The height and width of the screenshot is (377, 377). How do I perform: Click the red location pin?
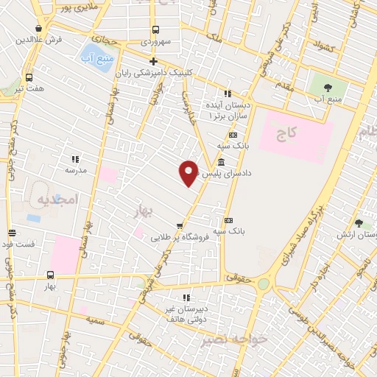[188, 172]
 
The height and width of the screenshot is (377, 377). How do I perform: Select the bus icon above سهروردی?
[155, 30]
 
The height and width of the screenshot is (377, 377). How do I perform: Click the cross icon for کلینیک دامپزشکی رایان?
[153, 61]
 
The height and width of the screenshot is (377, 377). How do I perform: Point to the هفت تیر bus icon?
[29, 77]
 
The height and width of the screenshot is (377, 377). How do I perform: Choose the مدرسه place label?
[76, 170]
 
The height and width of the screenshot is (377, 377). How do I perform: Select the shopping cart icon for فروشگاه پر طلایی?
[179, 225]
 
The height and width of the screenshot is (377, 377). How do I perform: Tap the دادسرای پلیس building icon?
[221, 162]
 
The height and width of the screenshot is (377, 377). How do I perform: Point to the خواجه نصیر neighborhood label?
[234, 339]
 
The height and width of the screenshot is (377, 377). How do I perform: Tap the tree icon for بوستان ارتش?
[359, 223]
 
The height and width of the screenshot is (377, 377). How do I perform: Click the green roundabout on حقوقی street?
[263, 283]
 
